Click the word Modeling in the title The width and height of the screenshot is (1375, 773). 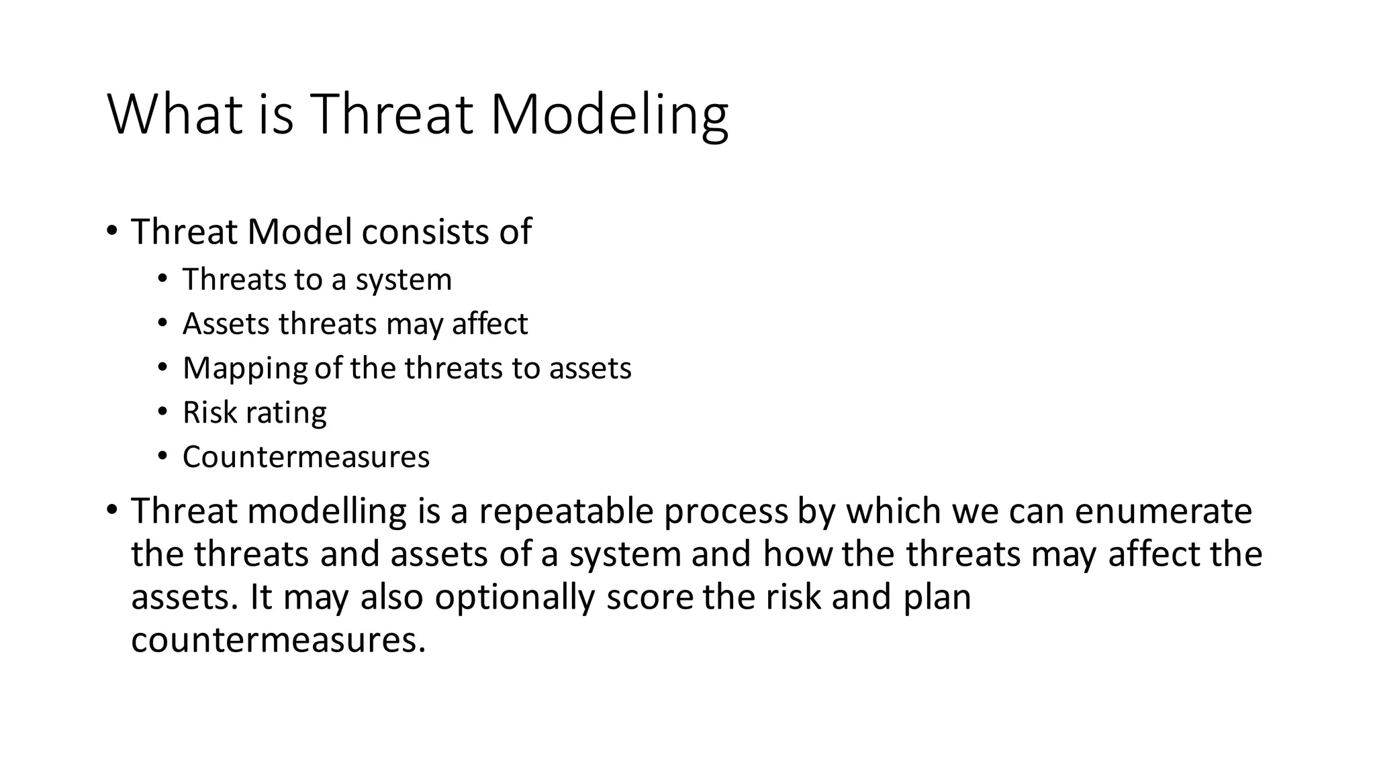(x=609, y=115)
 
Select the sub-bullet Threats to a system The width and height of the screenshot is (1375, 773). (x=317, y=280)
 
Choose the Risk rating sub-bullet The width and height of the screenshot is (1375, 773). (x=254, y=413)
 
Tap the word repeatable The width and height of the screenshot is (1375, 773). (x=565, y=511)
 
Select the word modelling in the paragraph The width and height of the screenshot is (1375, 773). (x=326, y=511)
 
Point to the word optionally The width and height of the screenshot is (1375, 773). (x=514, y=597)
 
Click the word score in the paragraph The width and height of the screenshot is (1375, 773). (x=649, y=597)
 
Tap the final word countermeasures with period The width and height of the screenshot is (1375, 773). (x=278, y=640)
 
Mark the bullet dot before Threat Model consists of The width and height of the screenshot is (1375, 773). (x=111, y=231)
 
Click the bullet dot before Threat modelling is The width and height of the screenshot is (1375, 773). (x=111, y=511)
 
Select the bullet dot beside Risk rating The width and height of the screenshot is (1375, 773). (x=162, y=412)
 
